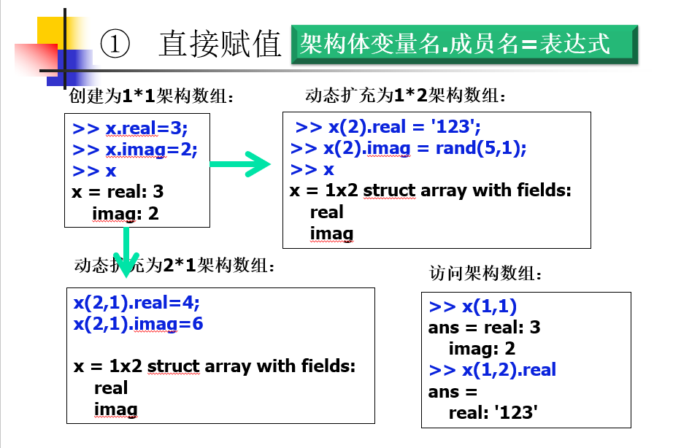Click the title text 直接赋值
click(x=220, y=45)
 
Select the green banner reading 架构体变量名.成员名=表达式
click(x=463, y=45)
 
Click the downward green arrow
click(x=127, y=252)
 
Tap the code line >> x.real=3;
click(x=130, y=129)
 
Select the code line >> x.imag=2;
click(x=135, y=150)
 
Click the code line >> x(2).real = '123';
click(x=388, y=128)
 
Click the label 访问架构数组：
click(x=486, y=274)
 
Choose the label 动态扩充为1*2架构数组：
click(x=406, y=96)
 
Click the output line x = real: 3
click(x=118, y=192)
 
